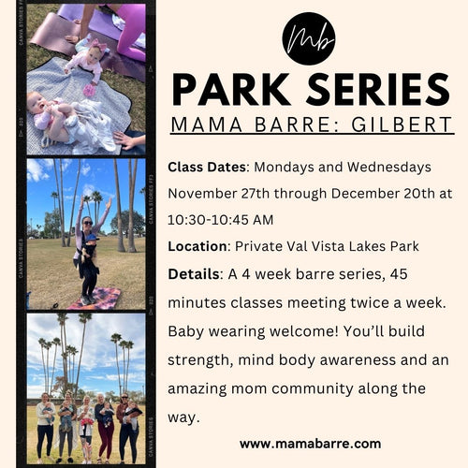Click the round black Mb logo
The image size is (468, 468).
309,38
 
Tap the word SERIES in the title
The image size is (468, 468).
378,90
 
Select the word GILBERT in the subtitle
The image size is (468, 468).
402,124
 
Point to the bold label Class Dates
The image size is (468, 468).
207,168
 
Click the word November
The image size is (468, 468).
202,194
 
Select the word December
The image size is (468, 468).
365,194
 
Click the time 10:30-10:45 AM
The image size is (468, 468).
220,220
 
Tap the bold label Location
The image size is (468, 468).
197,246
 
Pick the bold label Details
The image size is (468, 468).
194,274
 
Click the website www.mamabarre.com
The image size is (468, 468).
310,444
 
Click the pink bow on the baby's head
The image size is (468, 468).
98,45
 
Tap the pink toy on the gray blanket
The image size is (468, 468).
89,90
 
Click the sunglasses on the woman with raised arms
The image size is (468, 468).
87,223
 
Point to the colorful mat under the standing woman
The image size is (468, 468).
95,298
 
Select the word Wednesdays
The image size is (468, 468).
389,168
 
